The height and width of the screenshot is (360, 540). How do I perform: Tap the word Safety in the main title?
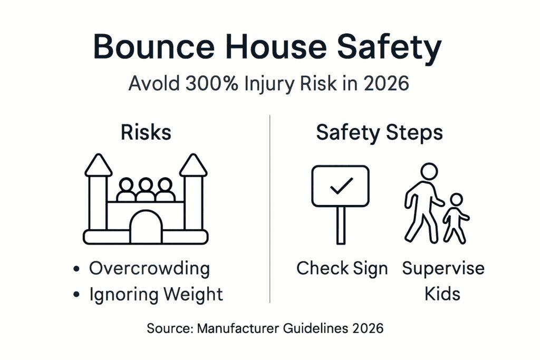(389, 48)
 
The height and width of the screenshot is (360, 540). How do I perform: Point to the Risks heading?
(146, 132)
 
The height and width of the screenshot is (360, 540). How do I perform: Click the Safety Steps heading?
(380, 133)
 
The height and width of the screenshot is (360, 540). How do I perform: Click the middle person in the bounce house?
(146, 190)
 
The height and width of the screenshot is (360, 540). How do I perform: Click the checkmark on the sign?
(341, 186)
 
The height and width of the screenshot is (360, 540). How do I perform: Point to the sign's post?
(341, 226)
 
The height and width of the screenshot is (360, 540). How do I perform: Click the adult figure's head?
(429, 171)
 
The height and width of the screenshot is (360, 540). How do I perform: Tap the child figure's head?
(456, 200)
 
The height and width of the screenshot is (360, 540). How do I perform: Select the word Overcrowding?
(149, 269)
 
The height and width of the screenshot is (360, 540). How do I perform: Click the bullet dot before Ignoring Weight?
(76, 295)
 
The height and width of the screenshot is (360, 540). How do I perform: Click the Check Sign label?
(342, 269)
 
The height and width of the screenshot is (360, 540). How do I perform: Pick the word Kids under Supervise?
(442, 294)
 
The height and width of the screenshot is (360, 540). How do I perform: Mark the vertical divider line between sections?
(269, 209)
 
